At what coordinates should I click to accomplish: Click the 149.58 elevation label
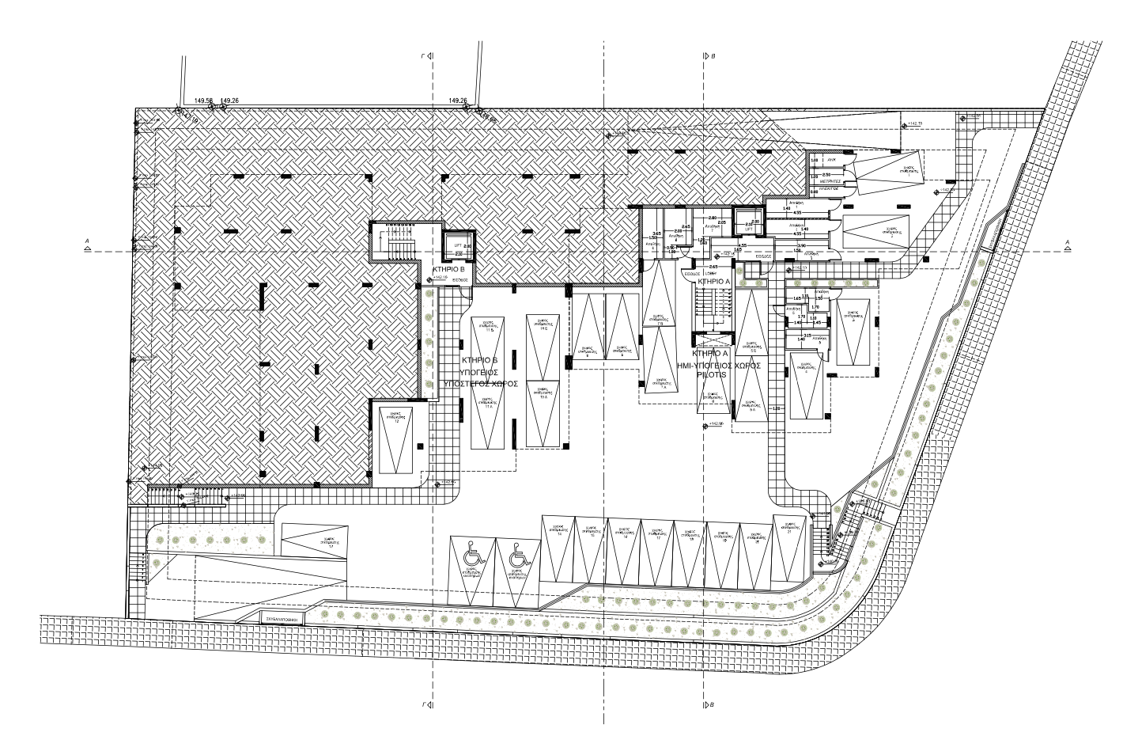(203, 101)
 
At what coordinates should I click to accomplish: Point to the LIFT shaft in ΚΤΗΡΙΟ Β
(459, 248)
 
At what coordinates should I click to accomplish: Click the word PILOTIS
(710, 376)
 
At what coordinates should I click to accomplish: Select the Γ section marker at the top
(428, 57)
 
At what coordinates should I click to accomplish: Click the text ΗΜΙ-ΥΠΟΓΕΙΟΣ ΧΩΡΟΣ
(720, 366)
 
